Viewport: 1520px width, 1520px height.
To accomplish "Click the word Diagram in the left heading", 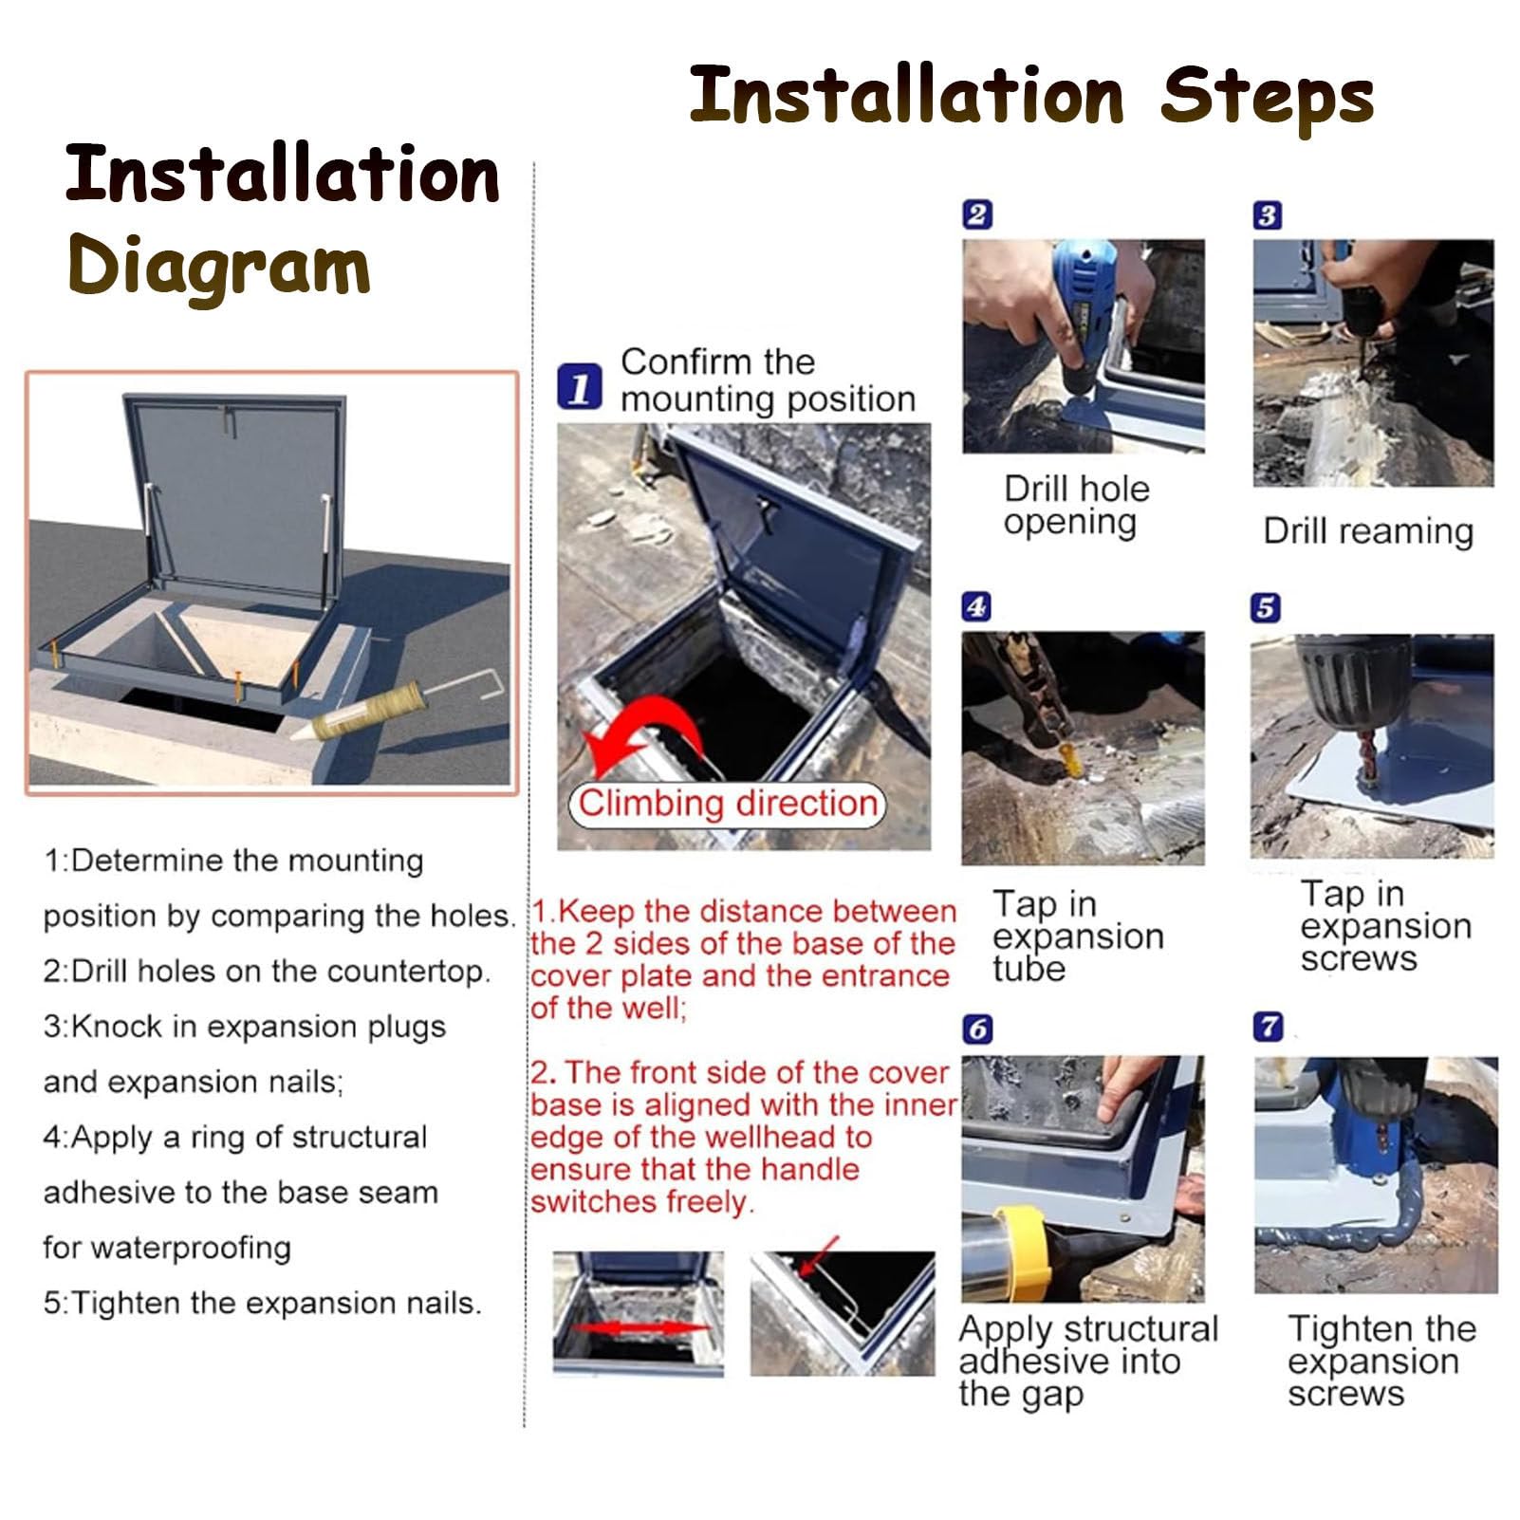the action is (219, 267).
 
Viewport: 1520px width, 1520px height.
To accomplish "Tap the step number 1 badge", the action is (580, 386).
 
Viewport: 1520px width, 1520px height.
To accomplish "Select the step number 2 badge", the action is (977, 214).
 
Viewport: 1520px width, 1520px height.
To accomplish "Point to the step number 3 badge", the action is (1267, 215).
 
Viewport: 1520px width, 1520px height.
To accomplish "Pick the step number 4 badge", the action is (976, 606).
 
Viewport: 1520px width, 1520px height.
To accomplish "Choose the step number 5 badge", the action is (1266, 607).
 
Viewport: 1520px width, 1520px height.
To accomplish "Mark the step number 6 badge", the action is (977, 1029).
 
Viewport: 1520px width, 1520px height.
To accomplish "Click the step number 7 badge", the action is (1269, 1027).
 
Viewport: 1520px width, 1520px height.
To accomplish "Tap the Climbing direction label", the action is (727, 804).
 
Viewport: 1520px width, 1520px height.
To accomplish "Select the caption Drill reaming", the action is (1368, 531).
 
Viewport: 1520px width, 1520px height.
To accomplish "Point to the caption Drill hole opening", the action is (1076, 506).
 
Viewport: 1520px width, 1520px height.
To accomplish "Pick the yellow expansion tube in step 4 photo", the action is (1067, 757).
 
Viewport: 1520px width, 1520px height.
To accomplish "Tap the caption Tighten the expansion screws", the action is (1381, 1361).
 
